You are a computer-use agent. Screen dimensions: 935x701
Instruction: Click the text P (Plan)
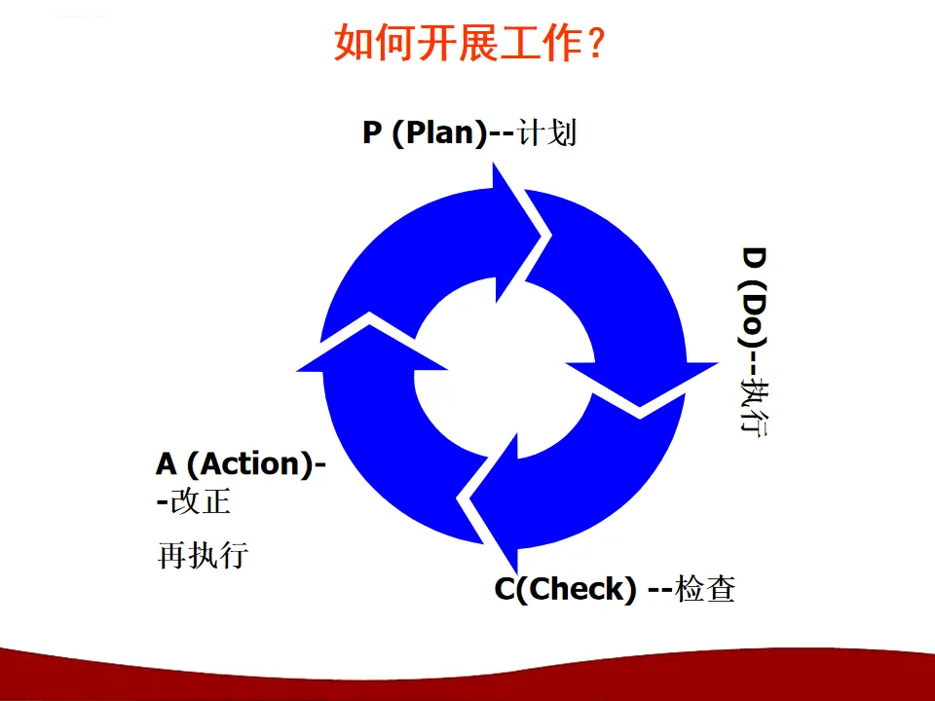point(424,132)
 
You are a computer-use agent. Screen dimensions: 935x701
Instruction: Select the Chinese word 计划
point(547,132)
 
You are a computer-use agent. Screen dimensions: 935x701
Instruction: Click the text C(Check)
point(565,589)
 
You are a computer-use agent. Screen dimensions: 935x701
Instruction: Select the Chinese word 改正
point(200,501)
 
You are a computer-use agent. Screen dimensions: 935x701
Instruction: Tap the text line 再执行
point(203,556)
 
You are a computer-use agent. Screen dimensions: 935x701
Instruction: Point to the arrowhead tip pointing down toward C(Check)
point(513,572)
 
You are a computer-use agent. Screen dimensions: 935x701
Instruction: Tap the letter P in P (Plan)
point(371,133)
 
